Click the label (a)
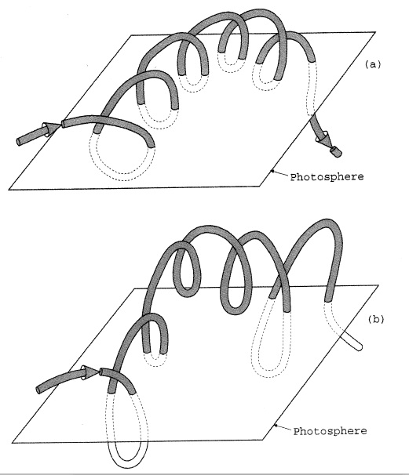coord(372,64)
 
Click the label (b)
coord(375,319)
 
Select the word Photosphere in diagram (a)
coord(327,177)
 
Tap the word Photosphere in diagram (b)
coord(330,431)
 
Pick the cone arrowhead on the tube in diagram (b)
coord(90,372)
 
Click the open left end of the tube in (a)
coord(19,142)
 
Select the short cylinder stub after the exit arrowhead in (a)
coord(336,152)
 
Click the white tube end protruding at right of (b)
coord(352,341)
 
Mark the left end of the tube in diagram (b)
coord(38,390)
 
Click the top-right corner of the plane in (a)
coord(375,32)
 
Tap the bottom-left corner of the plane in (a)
coord(9,190)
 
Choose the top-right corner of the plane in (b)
coord(378,285)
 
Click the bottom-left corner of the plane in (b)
coord(12,443)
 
